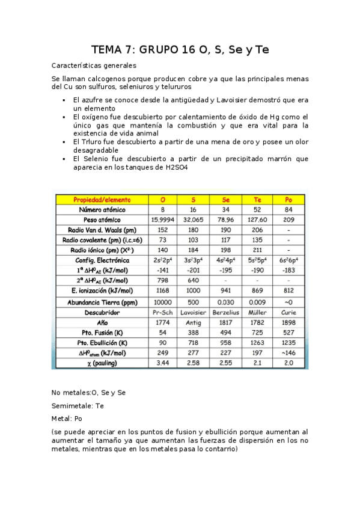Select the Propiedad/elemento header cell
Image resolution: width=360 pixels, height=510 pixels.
coord(102,199)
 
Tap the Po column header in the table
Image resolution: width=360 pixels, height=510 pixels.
coord(288,199)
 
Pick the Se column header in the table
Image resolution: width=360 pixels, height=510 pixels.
coord(225,199)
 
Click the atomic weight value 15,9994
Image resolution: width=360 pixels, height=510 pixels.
coord(162,220)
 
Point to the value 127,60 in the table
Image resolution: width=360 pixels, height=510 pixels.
coord(257,220)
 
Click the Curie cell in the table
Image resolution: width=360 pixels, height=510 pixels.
coord(288,313)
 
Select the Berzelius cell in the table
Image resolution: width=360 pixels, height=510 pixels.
coord(225,313)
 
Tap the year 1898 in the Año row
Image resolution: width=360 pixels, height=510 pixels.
coord(288,323)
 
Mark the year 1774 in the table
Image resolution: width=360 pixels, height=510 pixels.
coord(162,323)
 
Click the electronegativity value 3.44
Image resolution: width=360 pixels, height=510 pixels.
coord(162,364)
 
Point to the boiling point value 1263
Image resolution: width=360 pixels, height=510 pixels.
coord(257,343)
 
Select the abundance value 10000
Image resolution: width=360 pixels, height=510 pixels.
coord(162,302)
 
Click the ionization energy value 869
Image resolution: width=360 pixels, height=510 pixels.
coord(257,292)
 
